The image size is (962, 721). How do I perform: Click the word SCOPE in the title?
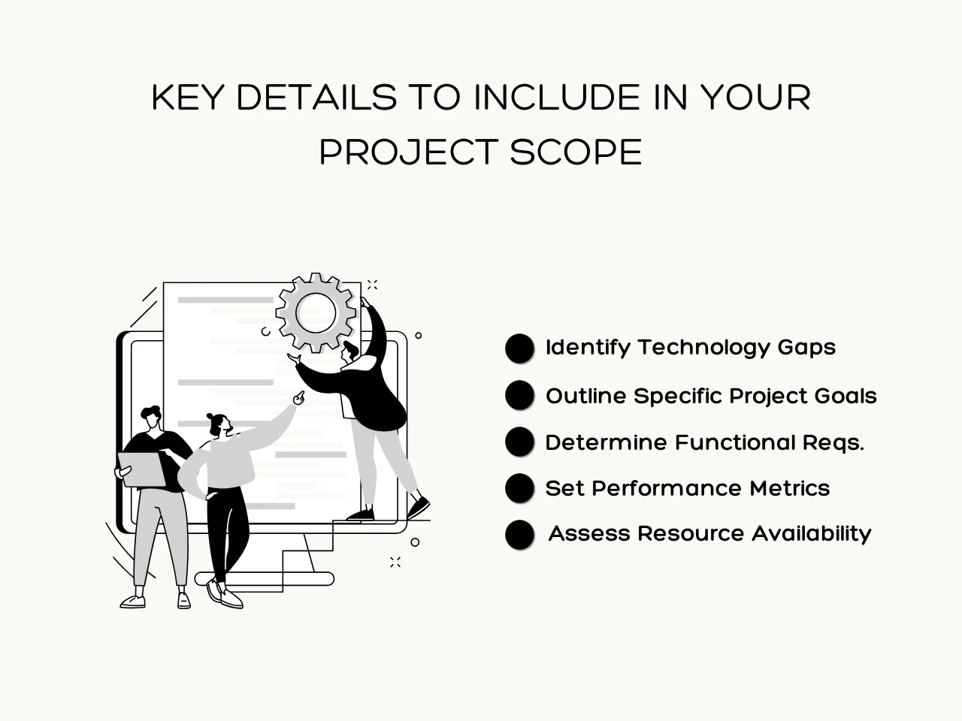[576, 152]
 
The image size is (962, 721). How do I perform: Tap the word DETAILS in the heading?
[316, 97]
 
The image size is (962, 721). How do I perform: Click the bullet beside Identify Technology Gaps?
[519, 348]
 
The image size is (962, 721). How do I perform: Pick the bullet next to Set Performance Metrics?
[519, 488]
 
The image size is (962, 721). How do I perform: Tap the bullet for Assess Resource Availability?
[519, 535]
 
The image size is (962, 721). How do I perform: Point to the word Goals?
[846, 397]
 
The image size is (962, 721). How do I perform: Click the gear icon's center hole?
[316, 313]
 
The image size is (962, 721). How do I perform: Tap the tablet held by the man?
[142, 469]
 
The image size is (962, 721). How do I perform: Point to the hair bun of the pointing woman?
[210, 416]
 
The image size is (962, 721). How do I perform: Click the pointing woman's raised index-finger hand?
[299, 398]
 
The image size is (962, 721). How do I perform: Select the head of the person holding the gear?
[350, 351]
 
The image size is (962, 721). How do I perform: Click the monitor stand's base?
[265, 579]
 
